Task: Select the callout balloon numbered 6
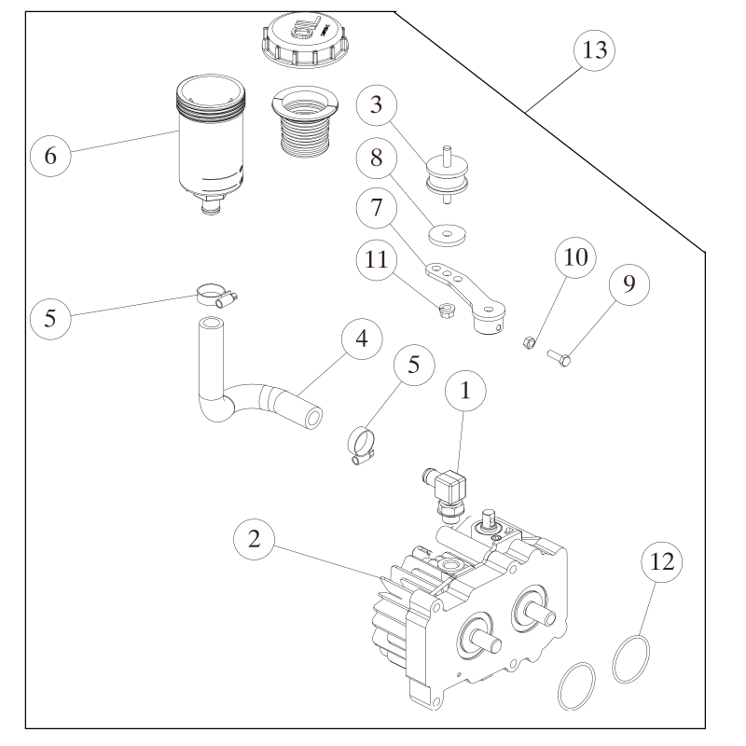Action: tap(51, 156)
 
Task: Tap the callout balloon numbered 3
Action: tap(375, 104)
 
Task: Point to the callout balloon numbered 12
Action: tap(662, 564)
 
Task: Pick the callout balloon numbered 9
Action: tap(629, 284)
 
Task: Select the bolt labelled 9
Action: tap(558, 355)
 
